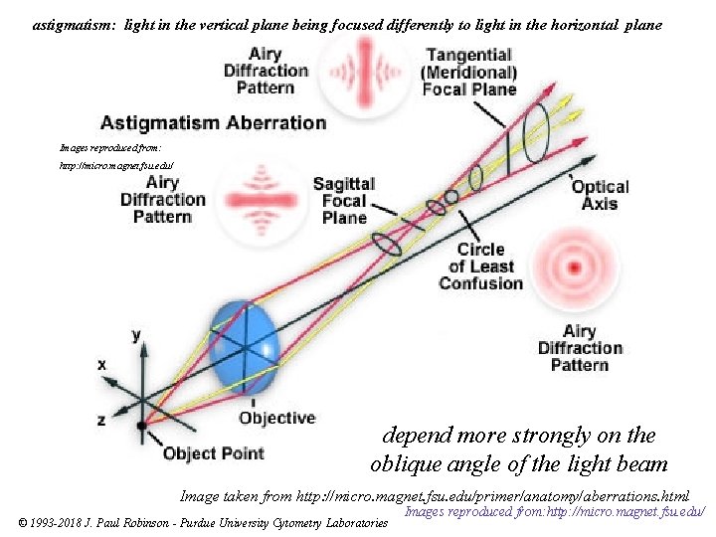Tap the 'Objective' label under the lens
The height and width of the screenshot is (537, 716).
pos(276,418)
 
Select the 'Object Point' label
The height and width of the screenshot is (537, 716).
pos(214,454)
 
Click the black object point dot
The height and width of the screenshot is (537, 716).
pos(142,425)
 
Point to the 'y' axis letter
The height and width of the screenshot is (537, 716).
pos(136,335)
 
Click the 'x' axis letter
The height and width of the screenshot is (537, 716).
pos(101,365)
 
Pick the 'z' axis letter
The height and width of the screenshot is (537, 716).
pos(101,421)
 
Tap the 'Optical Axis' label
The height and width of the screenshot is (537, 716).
pos(600,195)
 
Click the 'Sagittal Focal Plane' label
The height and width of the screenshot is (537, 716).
pos(344,201)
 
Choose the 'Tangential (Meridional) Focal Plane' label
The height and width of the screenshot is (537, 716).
pos(469,72)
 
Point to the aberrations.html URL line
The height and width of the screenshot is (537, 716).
pos(435,495)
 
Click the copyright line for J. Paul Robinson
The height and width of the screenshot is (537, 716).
pos(203,522)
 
